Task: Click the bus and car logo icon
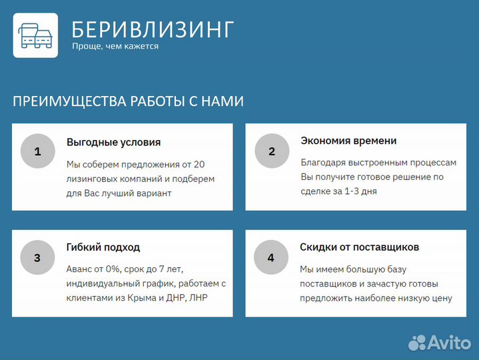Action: (35, 35)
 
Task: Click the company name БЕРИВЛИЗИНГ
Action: (153, 29)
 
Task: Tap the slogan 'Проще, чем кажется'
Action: (115, 47)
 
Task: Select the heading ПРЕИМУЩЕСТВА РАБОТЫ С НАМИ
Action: (128, 101)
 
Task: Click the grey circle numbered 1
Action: (37, 151)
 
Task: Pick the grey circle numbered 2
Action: (271, 151)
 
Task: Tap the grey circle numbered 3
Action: (37, 258)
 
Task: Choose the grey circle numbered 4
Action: (270, 258)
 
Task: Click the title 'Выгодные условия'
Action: (113, 142)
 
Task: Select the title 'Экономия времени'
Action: (348, 141)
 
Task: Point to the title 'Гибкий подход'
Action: (103, 247)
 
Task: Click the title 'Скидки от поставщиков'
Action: (359, 247)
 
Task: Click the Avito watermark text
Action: (450, 343)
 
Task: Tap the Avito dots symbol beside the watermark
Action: (417, 343)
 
